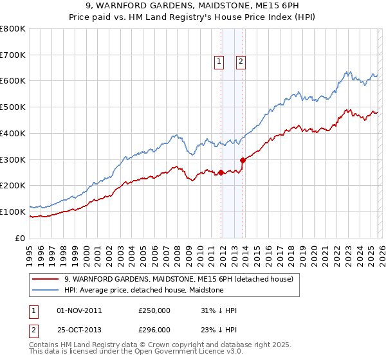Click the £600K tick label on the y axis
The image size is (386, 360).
13,81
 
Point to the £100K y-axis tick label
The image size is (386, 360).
13,212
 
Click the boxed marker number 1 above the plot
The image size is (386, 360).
219,62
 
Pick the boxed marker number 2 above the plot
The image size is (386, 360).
241,62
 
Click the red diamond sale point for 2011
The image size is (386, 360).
221,172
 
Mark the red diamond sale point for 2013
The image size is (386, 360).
243,160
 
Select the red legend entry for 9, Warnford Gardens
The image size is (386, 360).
178,279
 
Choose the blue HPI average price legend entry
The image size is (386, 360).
143,291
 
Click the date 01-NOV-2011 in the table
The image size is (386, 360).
79,310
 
